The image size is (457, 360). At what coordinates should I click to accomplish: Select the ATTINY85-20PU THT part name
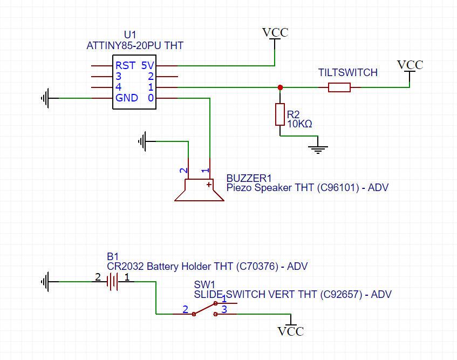click(134, 46)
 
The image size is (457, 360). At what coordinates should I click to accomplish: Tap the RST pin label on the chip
click(125, 65)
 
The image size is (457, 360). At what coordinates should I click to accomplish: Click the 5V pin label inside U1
click(147, 65)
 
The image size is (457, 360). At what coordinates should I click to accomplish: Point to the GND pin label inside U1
click(126, 98)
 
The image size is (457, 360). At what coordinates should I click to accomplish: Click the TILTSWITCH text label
click(348, 72)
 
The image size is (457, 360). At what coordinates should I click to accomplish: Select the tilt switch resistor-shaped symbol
click(339, 87)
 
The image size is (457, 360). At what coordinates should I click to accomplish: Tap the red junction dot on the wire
click(279, 87)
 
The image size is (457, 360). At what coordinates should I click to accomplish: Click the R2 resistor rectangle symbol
click(279, 114)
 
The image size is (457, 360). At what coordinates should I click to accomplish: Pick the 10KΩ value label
click(299, 124)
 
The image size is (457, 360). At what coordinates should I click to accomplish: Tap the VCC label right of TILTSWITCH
click(410, 65)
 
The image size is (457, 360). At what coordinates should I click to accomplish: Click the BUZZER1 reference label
click(248, 178)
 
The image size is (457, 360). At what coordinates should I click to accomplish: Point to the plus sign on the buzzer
click(208, 185)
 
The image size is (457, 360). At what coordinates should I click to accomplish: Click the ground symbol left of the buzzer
click(143, 141)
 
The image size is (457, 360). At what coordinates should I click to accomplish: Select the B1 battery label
click(112, 256)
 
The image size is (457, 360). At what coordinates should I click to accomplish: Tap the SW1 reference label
click(204, 284)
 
